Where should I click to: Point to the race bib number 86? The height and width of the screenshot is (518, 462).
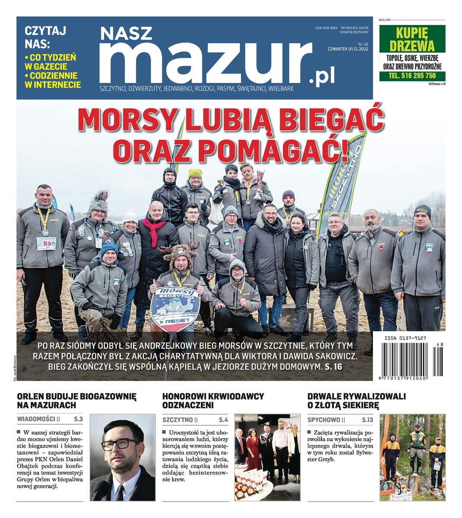[46, 243]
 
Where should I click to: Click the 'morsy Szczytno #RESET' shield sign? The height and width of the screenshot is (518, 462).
[175, 309]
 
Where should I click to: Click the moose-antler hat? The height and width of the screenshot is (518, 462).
[180, 255]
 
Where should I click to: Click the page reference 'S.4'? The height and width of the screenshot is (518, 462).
[223, 419]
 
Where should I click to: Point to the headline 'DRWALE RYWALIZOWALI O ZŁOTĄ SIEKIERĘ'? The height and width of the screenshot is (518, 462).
[356, 401]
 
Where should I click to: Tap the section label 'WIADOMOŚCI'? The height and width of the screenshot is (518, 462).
[36, 419]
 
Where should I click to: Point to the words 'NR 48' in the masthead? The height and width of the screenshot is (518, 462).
[363, 44]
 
